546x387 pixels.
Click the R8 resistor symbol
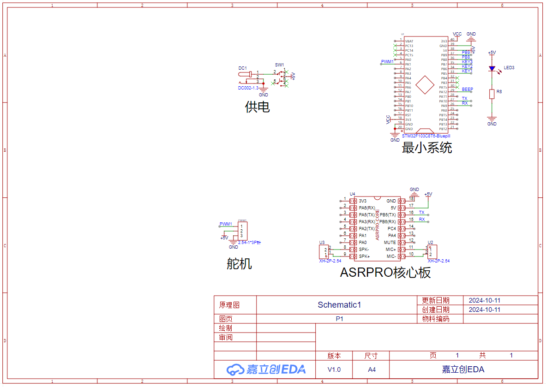pyautogui.click(x=492, y=94)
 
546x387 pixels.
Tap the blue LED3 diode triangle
pyautogui.click(x=492, y=69)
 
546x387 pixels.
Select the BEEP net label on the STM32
pyautogui.click(x=467, y=89)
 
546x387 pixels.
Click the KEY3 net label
pyautogui.click(x=467, y=61)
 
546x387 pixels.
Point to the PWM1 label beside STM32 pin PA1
pyautogui.click(x=387, y=61)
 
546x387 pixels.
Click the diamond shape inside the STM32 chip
pyautogui.click(x=425, y=85)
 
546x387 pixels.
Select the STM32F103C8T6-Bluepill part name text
pyautogui.click(x=426, y=136)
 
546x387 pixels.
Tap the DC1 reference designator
pyautogui.click(x=243, y=68)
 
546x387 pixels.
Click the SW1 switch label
pyautogui.click(x=280, y=65)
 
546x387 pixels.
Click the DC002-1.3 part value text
pyautogui.click(x=248, y=88)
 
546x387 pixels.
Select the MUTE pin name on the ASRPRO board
pyautogui.click(x=390, y=242)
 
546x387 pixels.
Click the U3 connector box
pyautogui.click(x=324, y=252)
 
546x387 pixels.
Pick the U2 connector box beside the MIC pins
pyautogui.click(x=432, y=252)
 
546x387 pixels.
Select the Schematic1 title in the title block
pyautogui.click(x=339, y=304)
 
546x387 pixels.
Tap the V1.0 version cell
pyautogui.click(x=334, y=369)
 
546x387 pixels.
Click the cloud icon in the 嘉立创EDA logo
pyautogui.click(x=235, y=369)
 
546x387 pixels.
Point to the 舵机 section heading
pyautogui.click(x=239, y=264)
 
